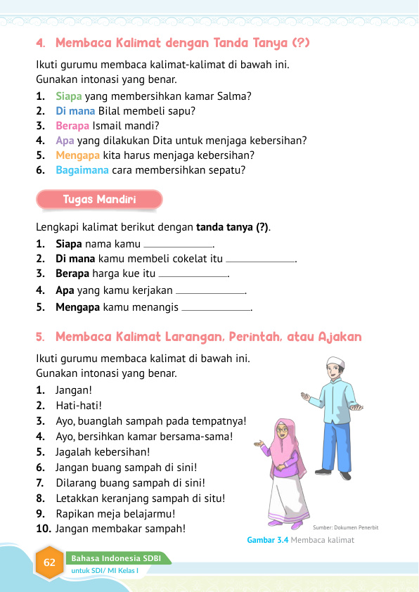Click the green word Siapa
[69, 96]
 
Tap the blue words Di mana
[76, 111]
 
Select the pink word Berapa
[72, 126]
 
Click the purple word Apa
[64, 141]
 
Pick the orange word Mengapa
[77, 155]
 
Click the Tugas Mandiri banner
[99, 200]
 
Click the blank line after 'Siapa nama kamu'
[178, 245]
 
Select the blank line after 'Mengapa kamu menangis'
[216, 308]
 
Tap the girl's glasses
[283, 429]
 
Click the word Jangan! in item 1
[74, 390]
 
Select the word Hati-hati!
[79, 405]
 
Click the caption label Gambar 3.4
[267, 540]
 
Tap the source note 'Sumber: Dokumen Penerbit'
[346, 527]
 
